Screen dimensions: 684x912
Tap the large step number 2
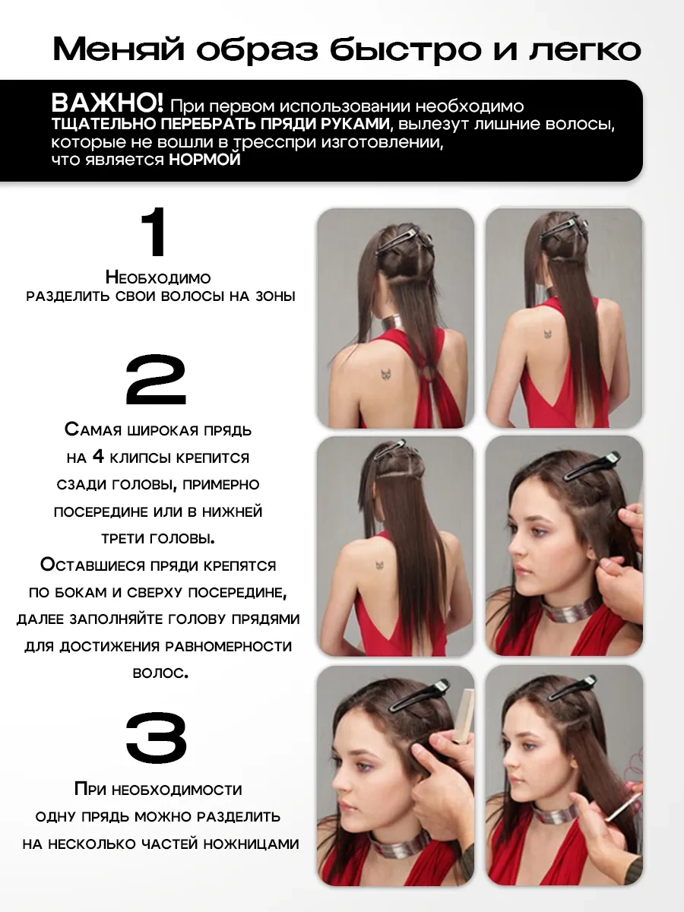point(156,379)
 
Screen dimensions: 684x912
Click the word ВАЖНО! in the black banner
point(107,103)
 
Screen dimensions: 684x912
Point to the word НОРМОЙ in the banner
point(204,160)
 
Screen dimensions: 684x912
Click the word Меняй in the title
point(119,50)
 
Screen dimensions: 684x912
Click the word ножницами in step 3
point(252,844)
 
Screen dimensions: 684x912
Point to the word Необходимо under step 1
point(158,277)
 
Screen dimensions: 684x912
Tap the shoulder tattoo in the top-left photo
point(387,374)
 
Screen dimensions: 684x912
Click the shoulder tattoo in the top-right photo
point(547,334)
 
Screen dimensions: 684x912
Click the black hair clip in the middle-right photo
point(591,466)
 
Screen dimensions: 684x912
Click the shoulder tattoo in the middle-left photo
point(379,565)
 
